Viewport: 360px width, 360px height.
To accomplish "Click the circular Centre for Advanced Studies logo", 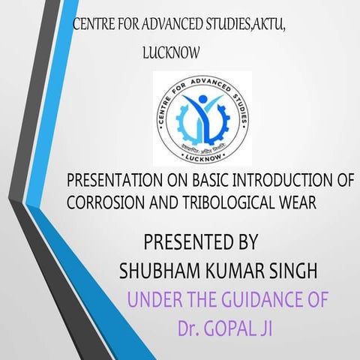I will [202, 118].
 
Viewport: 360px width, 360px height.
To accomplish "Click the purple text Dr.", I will [190, 328].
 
